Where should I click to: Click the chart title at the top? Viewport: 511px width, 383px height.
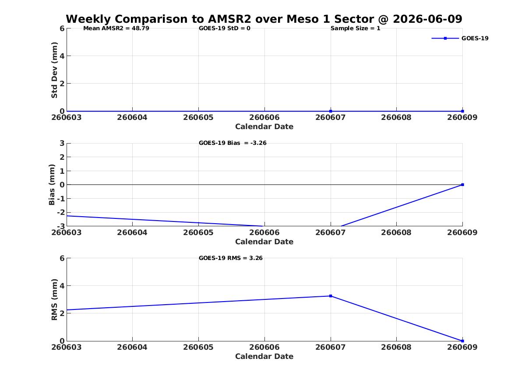tap(264, 19)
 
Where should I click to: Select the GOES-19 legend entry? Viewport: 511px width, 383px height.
tap(460, 38)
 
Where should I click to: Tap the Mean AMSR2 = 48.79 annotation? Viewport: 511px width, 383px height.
tap(116, 28)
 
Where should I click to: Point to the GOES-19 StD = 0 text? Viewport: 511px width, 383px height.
tap(225, 28)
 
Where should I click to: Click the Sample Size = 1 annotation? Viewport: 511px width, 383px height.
tap(355, 28)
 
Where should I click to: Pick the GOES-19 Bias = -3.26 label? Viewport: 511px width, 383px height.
tap(233, 143)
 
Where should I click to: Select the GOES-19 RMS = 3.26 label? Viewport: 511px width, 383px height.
tap(231, 258)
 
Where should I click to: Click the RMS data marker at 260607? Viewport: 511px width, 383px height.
tap(331, 296)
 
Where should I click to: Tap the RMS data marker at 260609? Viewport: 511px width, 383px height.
tap(462, 341)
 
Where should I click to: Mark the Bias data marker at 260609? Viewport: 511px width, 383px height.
tap(462, 185)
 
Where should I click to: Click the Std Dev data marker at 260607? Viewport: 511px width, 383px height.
tap(331, 111)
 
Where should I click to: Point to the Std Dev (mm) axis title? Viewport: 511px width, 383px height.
tap(54, 70)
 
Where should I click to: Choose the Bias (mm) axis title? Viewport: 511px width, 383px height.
tap(52, 185)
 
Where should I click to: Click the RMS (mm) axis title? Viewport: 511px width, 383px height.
tap(54, 300)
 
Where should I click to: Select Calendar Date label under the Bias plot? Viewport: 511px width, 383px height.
tap(264, 242)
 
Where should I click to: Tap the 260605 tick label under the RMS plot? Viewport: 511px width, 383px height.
tap(198, 347)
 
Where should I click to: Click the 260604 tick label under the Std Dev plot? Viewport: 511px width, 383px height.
tap(132, 117)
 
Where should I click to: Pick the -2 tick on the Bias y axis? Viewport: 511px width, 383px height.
tap(61, 212)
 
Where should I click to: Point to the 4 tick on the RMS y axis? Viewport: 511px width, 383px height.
tap(62, 286)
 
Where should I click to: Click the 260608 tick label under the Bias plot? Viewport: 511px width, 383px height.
tap(396, 232)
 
